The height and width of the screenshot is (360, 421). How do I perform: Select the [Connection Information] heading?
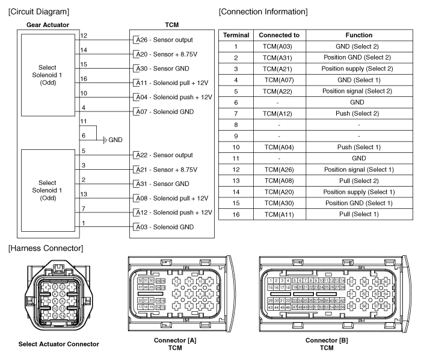(x=262, y=11)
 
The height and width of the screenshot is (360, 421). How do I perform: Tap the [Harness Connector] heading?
(x=43, y=248)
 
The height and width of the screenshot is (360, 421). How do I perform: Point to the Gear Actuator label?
(x=48, y=25)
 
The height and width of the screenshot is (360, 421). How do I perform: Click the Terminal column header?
(x=236, y=36)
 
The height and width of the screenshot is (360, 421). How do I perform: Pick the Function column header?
(x=359, y=36)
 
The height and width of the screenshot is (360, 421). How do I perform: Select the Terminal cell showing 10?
(x=236, y=147)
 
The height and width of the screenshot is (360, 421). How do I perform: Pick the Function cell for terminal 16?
(x=359, y=214)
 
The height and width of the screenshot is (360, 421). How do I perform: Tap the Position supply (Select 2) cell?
(x=359, y=69)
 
